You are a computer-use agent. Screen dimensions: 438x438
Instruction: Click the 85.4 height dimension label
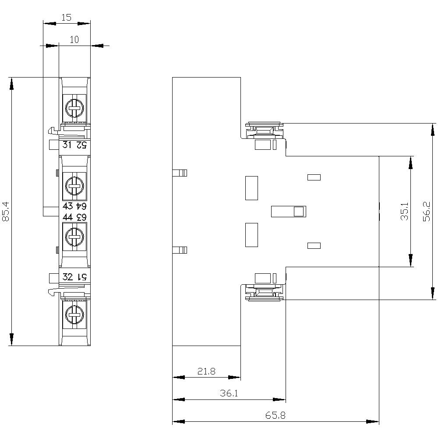pyautogui.click(x=5, y=212)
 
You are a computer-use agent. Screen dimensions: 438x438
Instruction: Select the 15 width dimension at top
pyautogui.click(x=66, y=18)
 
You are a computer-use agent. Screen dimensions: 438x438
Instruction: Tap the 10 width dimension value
pyautogui.click(x=74, y=39)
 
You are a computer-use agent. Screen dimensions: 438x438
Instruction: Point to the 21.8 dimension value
pyautogui.click(x=206, y=371)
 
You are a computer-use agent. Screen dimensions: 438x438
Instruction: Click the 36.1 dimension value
pyautogui.click(x=229, y=393)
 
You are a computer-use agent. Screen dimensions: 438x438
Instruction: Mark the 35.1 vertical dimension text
pyautogui.click(x=405, y=211)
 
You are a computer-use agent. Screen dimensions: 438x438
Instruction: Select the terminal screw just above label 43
pyautogui.click(x=74, y=186)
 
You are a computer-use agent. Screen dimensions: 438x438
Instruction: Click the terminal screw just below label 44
pyautogui.click(x=74, y=237)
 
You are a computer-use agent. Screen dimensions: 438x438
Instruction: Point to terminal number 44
pyautogui.click(x=68, y=217)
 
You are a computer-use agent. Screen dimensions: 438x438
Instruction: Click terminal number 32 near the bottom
pyautogui.click(x=68, y=277)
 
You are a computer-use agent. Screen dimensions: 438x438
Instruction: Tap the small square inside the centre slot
pyautogui.click(x=298, y=212)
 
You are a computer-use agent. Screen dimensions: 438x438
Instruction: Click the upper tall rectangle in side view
pyautogui.click(x=251, y=188)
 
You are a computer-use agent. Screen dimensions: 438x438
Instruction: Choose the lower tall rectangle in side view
pyautogui.click(x=251, y=235)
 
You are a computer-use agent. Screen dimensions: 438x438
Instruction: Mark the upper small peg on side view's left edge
pyautogui.click(x=180, y=173)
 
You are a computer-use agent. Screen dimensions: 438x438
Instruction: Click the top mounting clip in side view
pyautogui.click(x=264, y=130)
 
